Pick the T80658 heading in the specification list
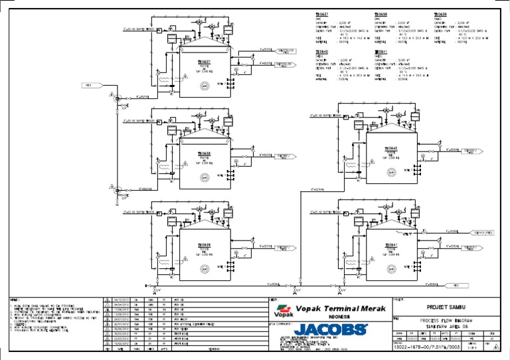click(x=380, y=14)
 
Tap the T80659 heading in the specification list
click(x=440, y=14)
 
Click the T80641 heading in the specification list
click(x=380, y=50)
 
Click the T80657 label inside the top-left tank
click(x=204, y=61)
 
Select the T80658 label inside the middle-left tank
click(x=204, y=153)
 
